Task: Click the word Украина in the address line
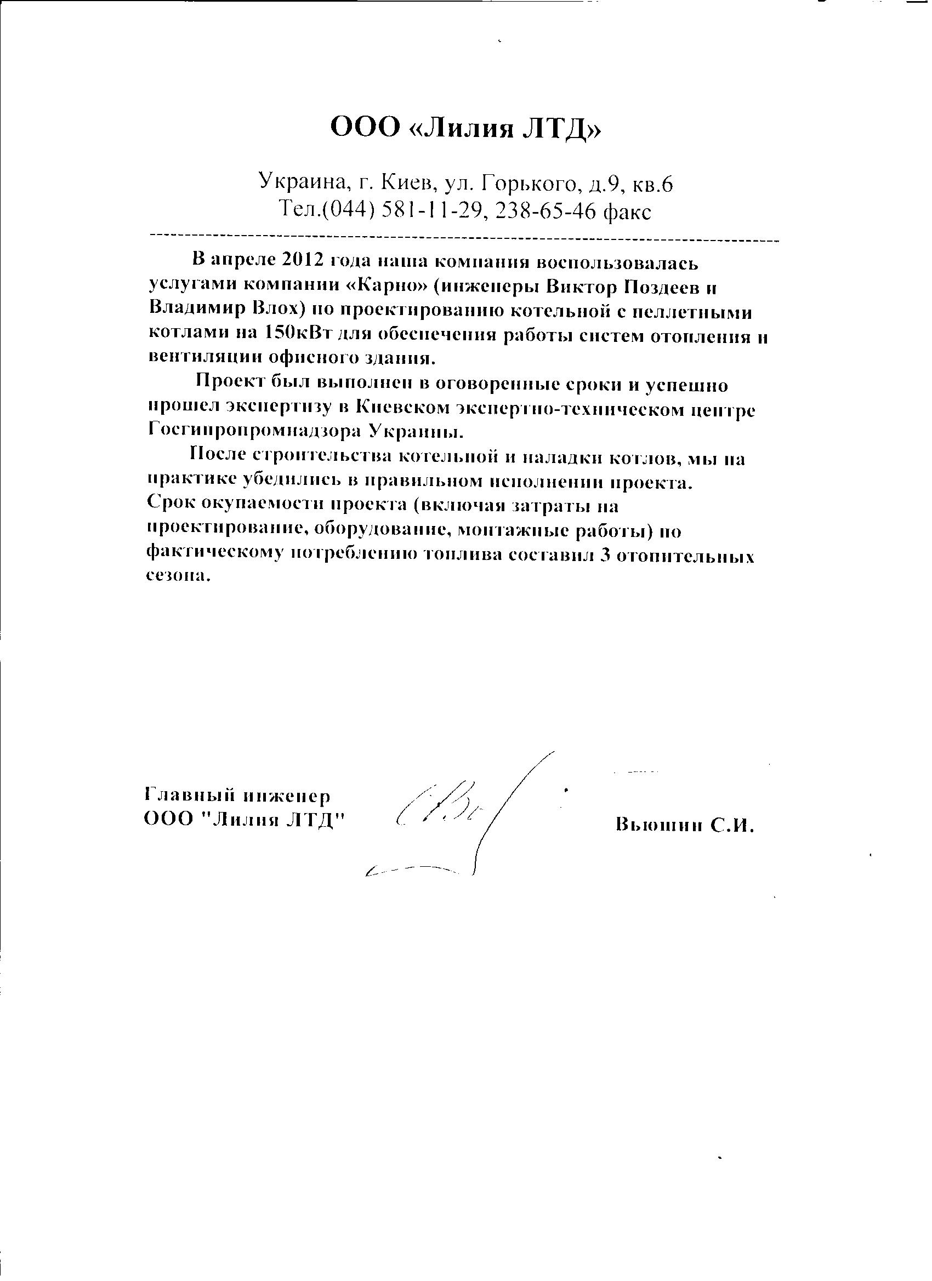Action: coord(301,182)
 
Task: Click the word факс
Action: coord(627,213)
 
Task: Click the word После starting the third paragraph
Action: coord(217,455)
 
